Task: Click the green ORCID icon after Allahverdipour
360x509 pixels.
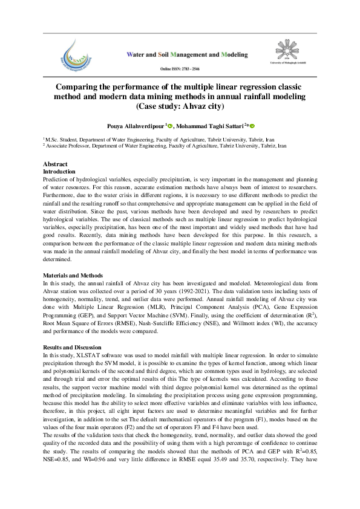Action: click(171, 126)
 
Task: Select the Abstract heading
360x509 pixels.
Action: click(55, 164)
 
